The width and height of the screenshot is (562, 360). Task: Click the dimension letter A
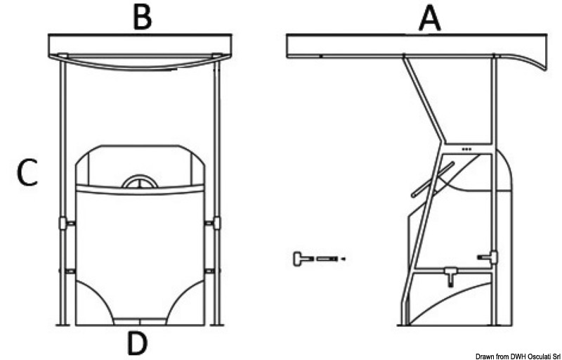pyautogui.click(x=430, y=19)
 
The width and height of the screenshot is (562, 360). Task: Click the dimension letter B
pyautogui.click(x=143, y=18)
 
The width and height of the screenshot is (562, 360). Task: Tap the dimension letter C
pyautogui.click(x=27, y=173)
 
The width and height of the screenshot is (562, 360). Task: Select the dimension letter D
pyautogui.click(x=138, y=343)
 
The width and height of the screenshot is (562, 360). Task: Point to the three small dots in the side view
pyautogui.click(x=466, y=149)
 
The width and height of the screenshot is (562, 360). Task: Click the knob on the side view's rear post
pyautogui.click(x=489, y=257)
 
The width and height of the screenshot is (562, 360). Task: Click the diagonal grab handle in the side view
pyautogui.click(x=433, y=179)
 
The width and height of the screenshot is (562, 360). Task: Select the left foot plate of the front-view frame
pyautogui.click(x=63, y=325)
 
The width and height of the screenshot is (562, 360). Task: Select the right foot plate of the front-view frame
pyautogui.click(x=217, y=325)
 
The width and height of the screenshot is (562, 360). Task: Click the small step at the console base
pyautogui.click(x=140, y=321)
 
